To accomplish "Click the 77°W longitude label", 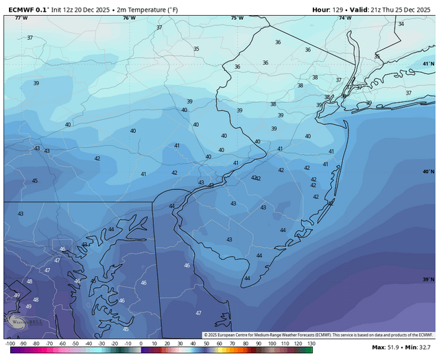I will pos(21,18).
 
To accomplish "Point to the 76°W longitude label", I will pos(128,18).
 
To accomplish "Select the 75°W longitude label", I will pos(237,18).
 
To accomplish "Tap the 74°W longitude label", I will pos(345,18).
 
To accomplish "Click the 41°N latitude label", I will pos(429,64).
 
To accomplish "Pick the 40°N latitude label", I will pos(429,171).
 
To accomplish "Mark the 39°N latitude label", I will pos(429,279).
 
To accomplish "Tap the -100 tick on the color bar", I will pos(10,342).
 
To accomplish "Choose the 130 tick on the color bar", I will pos(310,342).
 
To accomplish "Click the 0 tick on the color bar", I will pos(141,342).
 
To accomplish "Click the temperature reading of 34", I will pos(401,24).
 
